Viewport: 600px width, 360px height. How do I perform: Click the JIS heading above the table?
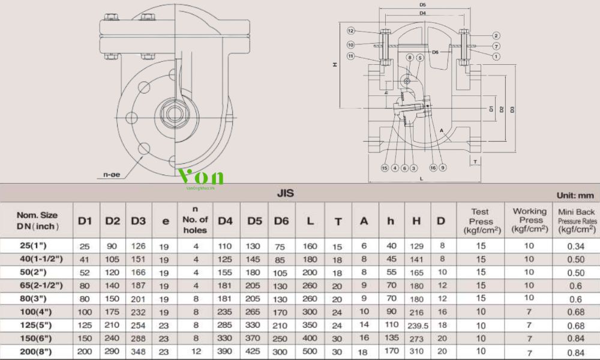pyautogui.click(x=285, y=193)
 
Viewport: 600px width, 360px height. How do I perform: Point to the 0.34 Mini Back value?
pyautogui.click(x=576, y=245)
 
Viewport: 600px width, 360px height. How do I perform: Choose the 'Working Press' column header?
pyautogui.click(x=529, y=220)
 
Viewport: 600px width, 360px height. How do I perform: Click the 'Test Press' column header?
pyautogui.click(x=480, y=220)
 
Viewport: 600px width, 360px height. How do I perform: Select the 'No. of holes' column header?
pyautogui.click(x=195, y=220)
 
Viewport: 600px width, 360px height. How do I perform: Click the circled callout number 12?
pyautogui.click(x=351, y=31)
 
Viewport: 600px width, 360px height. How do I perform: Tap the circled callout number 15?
pyautogui.click(x=385, y=168)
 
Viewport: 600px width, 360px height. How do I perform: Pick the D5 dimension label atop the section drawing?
pyautogui.click(x=422, y=5)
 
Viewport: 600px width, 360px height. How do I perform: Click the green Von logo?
pyautogui.click(x=201, y=177)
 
